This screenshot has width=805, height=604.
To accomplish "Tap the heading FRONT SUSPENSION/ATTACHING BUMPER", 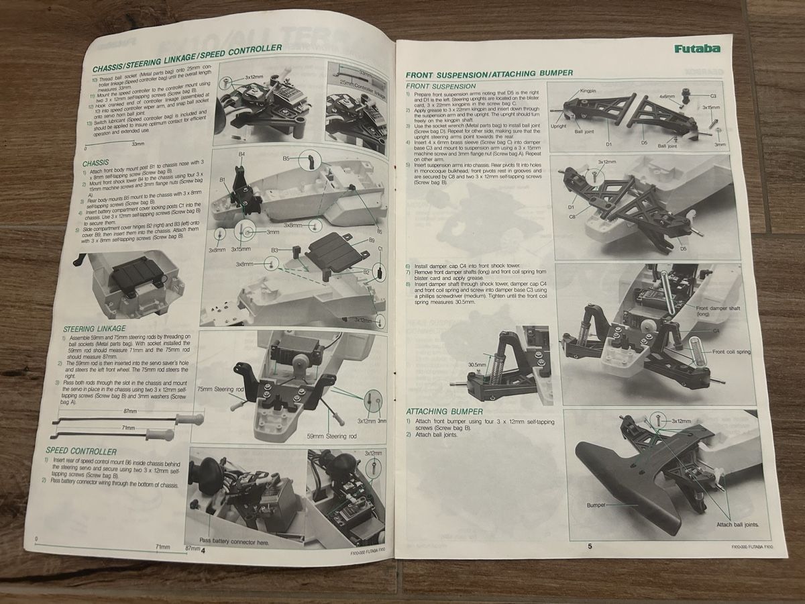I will point(490,72).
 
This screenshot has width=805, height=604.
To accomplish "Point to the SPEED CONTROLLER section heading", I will point(81,451).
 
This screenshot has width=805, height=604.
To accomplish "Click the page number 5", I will point(590,546).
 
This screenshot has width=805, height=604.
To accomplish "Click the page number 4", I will point(203,548).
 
